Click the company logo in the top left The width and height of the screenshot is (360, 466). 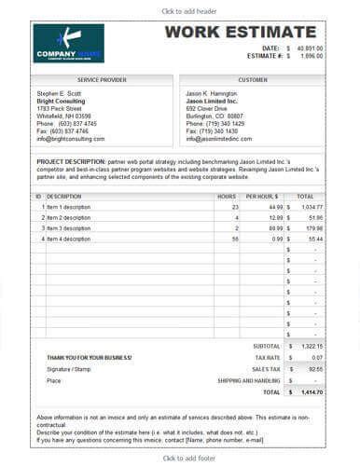(x=68, y=44)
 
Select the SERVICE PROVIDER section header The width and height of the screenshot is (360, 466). (x=103, y=80)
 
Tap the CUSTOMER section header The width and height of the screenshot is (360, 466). (x=253, y=80)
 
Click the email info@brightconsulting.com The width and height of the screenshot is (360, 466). (x=77, y=138)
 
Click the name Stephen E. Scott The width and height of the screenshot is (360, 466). (x=60, y=94)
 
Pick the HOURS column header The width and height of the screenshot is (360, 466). (x=227, y=197)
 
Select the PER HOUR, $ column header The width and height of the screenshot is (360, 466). (x=262, y=197)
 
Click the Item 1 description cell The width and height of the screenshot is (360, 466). (x=70, y=206)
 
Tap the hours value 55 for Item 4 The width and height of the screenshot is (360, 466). (x=236, y=240)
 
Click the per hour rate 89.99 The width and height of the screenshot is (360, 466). (x=273, y=228)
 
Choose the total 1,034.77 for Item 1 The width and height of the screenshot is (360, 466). (x=312, y=206)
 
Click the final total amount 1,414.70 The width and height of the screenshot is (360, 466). (x=311, y=392)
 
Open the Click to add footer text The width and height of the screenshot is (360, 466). (x=180, y=458)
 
